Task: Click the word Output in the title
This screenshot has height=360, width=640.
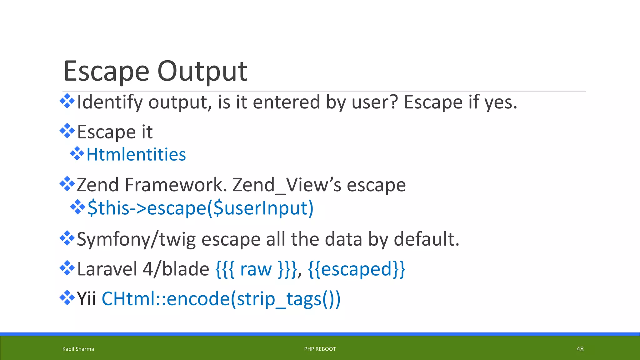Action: [202, 71]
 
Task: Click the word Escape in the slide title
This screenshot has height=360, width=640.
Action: [106, 71]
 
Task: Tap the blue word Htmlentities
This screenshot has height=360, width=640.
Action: [136, 154]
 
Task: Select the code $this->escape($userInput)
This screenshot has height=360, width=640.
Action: [200, 208]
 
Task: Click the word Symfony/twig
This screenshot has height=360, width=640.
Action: [136, 239]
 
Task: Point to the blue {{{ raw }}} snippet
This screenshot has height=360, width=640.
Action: [256, 269]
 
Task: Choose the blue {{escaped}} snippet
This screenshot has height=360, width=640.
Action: [357, 269]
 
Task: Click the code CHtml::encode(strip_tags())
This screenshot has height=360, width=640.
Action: [221, 299]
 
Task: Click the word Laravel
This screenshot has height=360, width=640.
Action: [107, 269]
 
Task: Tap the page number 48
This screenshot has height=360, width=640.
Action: [580, 349]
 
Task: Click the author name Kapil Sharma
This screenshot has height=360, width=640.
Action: [78, 349]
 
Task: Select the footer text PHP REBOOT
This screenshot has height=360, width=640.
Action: [320, 349]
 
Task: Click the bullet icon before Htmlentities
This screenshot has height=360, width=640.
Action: [77, 154]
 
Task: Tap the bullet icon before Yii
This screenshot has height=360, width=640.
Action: [67, 298]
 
